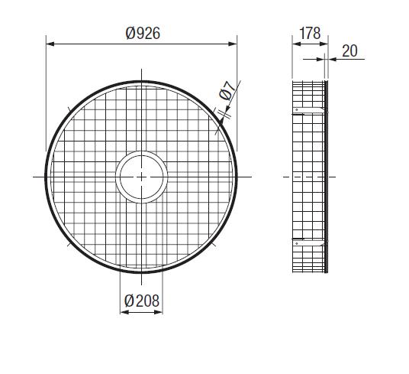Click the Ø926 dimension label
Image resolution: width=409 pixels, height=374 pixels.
(x=143, y=34)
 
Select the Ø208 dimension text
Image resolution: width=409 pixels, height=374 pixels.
(x=142, y=301)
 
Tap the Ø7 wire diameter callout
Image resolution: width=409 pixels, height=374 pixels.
(x=226, y=91)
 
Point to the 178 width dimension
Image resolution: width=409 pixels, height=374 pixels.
(x=310, y=33)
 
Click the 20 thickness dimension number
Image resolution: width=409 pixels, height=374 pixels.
(x=349, y=50)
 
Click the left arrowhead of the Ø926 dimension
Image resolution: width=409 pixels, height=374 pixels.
(x=50, y=44)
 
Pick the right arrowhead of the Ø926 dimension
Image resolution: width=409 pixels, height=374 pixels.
(x=233, y=44)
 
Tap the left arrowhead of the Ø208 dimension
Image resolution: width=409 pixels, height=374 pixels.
(x=124, y=312)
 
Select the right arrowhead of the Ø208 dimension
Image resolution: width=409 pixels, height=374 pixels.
(x=159, y=312)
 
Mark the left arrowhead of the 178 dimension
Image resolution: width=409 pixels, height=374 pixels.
(x=297, y=44)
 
